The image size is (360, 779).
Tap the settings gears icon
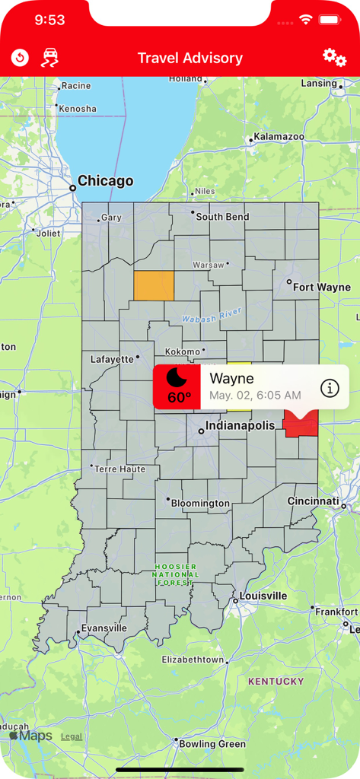(x=334, y=58)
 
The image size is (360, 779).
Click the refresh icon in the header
(x=20, y=58)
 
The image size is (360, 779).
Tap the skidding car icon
(x=50, y=58)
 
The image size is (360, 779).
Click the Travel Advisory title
(x=190, y=58)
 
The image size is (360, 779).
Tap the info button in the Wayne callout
(x=330, y=388)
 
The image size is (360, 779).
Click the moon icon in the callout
(x=177, y=379)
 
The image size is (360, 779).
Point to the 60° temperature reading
(x=180, y=398)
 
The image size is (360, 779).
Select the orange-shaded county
(x=154, y=285)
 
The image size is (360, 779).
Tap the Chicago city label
(x=105, y=181)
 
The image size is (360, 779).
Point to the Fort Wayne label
(x=322, y=287)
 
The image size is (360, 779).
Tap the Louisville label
(x=263, y=595)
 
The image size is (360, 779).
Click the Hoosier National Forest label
(x=175, y=574)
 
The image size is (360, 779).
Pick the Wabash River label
(x=212, y=314)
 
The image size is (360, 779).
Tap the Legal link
(x=72, y=736)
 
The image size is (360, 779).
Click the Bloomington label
(x=200, y=503)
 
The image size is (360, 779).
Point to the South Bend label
(x=222, y=217)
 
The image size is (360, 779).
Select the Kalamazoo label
(x=279, y=137)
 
